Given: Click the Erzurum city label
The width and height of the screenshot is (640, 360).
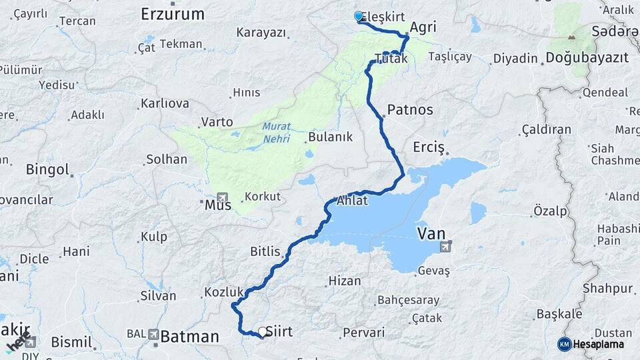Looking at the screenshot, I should coord(173,13).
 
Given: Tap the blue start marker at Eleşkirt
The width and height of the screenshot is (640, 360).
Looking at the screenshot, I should coord(359,17).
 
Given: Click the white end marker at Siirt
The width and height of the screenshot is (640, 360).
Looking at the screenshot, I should coord(262,332).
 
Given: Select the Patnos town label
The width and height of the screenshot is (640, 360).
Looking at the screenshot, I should coord(409,110).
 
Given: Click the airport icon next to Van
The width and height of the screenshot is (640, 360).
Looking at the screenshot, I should coord(445,248).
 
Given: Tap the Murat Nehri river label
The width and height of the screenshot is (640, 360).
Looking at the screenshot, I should coord(277,131).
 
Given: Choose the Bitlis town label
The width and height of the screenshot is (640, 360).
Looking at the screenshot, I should coord(268,251).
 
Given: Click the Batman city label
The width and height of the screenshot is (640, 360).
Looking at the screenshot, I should coord(189,337).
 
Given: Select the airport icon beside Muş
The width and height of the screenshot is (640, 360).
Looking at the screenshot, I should coord(222,197).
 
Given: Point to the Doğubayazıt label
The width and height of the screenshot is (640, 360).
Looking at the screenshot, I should coord(587,58).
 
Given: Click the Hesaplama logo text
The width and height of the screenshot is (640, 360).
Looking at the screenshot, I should coord(598,344).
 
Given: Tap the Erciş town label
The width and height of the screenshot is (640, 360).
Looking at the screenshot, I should coord(428,147).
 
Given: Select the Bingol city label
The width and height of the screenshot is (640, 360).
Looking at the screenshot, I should coord(47,169).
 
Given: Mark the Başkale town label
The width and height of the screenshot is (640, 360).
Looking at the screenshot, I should coord(541,313).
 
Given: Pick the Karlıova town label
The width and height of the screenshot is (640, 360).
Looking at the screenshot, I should coord(165,104).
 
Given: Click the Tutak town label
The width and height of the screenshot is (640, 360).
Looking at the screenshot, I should coord(391,59).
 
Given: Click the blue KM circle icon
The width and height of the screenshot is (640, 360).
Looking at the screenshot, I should coord(564,344).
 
